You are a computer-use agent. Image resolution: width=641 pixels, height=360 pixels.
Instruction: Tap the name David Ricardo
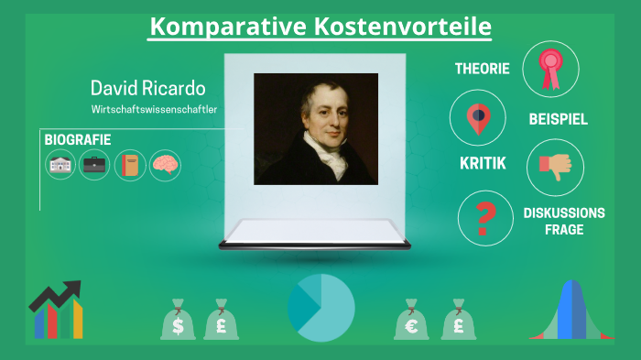pyautogui.click(x=147, y=89)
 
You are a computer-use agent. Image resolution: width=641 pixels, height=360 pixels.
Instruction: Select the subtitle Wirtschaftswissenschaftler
pyautogui.click(x=154, y=110)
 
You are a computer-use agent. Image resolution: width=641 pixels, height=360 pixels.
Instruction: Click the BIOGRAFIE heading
pyautogui.click(x=78, y=139)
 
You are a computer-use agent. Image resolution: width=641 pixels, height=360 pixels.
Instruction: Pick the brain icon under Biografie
pyautogui.click(x=166, y=165)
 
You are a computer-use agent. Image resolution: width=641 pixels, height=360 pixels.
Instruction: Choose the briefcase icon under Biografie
pyautogui.click(x=94, y=165)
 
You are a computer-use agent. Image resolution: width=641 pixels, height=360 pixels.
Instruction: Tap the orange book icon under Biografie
pyautogui.click(x=130, y=165)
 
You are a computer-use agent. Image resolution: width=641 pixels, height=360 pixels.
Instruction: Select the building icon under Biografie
pyautogui.click(x=60, y=165)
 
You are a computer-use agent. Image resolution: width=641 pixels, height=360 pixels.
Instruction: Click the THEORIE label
pyautogui.click(x=483, y=69)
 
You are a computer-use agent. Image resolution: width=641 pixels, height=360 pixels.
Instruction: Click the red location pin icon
pyautogui.click(x=477, y=118)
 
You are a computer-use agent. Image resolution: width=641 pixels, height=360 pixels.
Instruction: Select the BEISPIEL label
pyautogui.click(x=558, y=119)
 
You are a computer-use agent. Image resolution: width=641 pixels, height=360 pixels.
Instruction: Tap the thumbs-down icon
pyautogui.click(x=555, y=166)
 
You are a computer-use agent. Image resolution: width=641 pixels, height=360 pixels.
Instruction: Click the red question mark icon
pyautogui.click(x=485, y=218)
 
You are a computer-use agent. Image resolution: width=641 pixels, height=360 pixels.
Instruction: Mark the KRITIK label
pyautogui.click(x=483, y=166)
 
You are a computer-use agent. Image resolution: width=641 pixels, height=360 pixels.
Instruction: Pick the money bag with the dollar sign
pyautogui.click(x=178, y=321)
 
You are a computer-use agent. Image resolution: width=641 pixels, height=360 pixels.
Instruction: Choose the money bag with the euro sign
pyautogui.click(x=411, y=321)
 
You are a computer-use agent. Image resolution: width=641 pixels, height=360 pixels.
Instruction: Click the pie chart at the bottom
pyautogui.click(x=320, y=308)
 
